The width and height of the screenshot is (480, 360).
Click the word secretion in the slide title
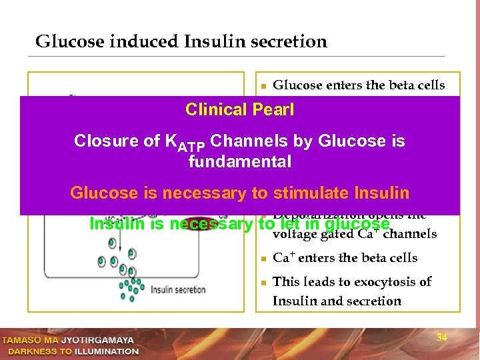pos(294,42)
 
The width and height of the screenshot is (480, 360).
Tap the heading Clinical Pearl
pos(239,110)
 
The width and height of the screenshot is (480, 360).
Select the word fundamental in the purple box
pos(240,161)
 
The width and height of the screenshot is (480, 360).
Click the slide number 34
pos(441,337)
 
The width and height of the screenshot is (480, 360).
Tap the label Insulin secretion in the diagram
pos(179,289)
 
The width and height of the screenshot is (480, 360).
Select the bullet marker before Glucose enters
pos(264,86)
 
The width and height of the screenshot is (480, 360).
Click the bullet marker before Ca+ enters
pos(264,259)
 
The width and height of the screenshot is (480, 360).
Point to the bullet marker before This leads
pos(264,283)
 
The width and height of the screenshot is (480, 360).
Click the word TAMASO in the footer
pos(23,340)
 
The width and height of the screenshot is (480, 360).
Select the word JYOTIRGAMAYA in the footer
pos(97,340)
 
